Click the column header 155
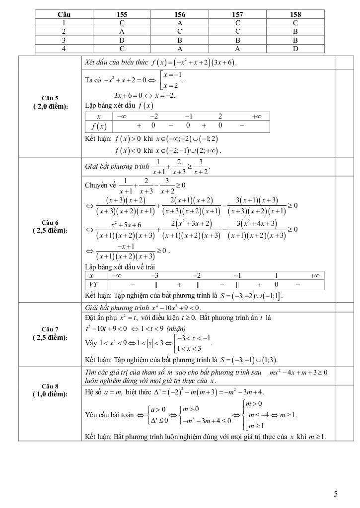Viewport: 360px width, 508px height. (x=122, y=14)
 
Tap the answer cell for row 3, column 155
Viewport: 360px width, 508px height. (x=122, y=40)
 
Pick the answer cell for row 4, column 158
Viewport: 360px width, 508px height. (x=295, y=49)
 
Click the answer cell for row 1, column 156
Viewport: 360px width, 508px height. (x=180, y=23)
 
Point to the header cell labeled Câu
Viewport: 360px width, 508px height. (x=64, y=14)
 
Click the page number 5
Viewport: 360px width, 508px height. (x=336, y=494)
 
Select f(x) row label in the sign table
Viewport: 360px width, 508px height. (x=98, y=126)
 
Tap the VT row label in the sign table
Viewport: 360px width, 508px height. (x=92, y=285)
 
